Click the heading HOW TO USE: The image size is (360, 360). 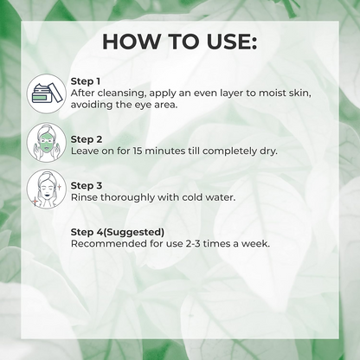point(179,42)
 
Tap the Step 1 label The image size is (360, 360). point(85,80)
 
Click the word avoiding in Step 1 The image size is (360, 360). point(94,104)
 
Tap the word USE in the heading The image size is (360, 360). point(228,42)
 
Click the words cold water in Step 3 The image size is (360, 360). point(208,196)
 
